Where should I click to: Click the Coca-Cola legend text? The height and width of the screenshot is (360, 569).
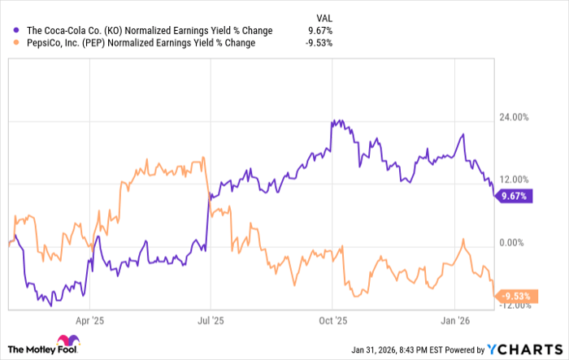tap(144, 31)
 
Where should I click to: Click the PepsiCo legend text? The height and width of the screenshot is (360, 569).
tap(139, 44)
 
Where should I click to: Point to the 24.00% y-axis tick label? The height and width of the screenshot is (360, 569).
tap(514, 117)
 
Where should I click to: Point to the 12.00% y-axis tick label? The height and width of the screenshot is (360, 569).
tap(514, 180)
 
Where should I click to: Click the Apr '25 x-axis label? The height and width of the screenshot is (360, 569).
tap(89, 321)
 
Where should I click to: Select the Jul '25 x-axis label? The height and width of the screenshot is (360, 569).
tap(211, 321)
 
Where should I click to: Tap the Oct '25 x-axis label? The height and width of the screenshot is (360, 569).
tap(333, 321)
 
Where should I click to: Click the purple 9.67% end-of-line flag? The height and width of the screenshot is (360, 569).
tap(514, 196)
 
